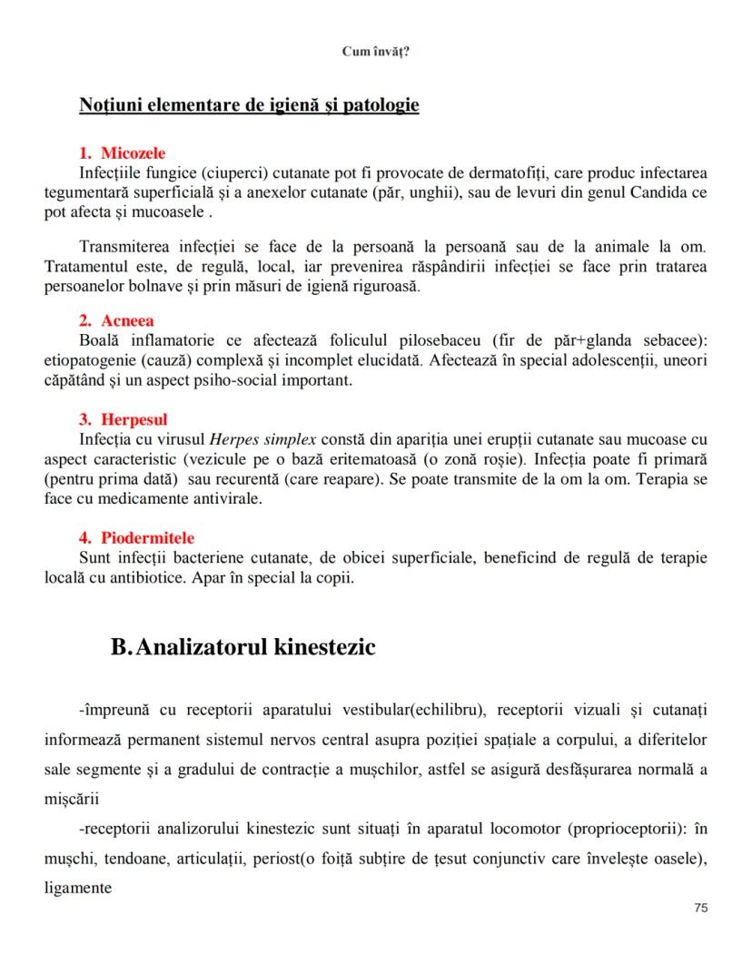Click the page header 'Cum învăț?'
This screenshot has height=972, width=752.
pyautogui.click(x=375, y=52)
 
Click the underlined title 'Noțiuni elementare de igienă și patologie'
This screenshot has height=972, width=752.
pyautogui.click(x=249, y=105)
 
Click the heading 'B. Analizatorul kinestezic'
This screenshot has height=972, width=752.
pyautogui.click(x=242, y=648)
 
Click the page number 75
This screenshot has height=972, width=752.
pyautogui.click(x=699, y=908)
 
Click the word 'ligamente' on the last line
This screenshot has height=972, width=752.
pyautogui.click(x=78, y=889)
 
